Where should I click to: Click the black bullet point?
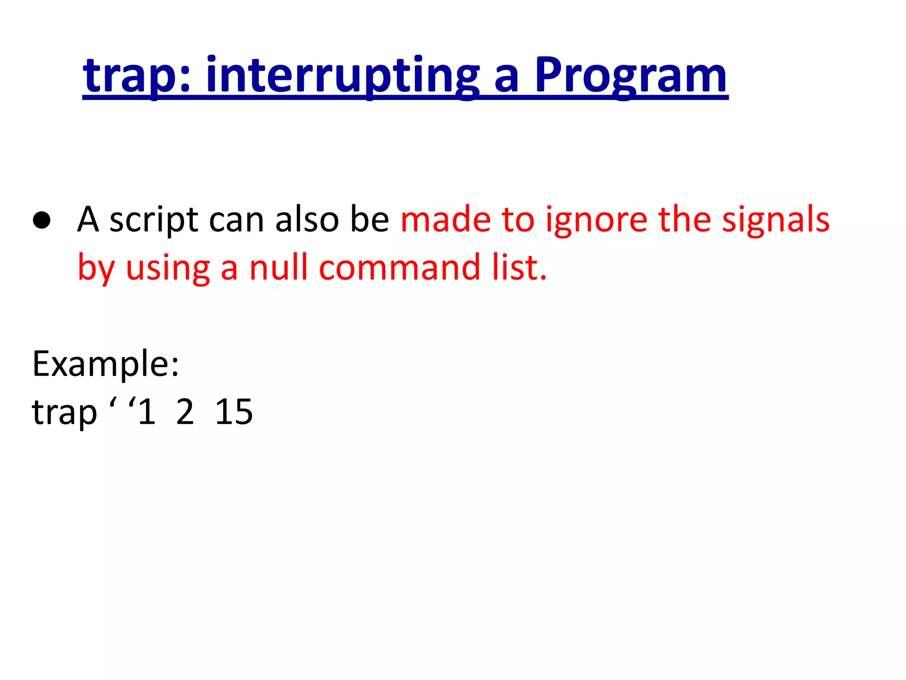[42, 220]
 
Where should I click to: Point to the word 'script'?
[154, 220]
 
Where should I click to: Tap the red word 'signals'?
[775, 220]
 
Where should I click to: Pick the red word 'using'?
[168, 268]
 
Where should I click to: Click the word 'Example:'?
[106, 364]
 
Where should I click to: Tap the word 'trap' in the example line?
[64, 412]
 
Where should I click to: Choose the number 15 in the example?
[234, 412]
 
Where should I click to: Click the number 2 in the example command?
[185, 412]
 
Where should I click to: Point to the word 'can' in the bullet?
[236, 220]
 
